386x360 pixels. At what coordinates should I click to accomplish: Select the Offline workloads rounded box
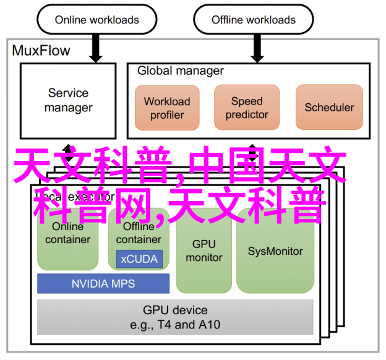point(253,20)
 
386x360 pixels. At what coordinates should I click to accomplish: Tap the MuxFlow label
point(41,51)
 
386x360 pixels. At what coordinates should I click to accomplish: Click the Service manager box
point(68,100)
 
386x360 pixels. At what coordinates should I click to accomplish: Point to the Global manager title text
point(181,71)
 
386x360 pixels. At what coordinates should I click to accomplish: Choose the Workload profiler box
point(167,108)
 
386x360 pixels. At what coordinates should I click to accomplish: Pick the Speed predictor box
point(247,108)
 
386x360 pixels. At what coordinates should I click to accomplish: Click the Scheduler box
point(329,108)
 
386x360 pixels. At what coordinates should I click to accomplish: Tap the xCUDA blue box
point(139,259)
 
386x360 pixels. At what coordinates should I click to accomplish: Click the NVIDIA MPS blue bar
point(103,284)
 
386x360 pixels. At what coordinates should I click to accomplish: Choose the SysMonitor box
point(275,251)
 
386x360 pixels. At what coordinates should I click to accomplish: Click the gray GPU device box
point(175,317)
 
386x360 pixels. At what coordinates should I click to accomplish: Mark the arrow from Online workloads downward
point(96,48)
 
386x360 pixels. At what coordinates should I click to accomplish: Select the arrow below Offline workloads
point(253,48)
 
